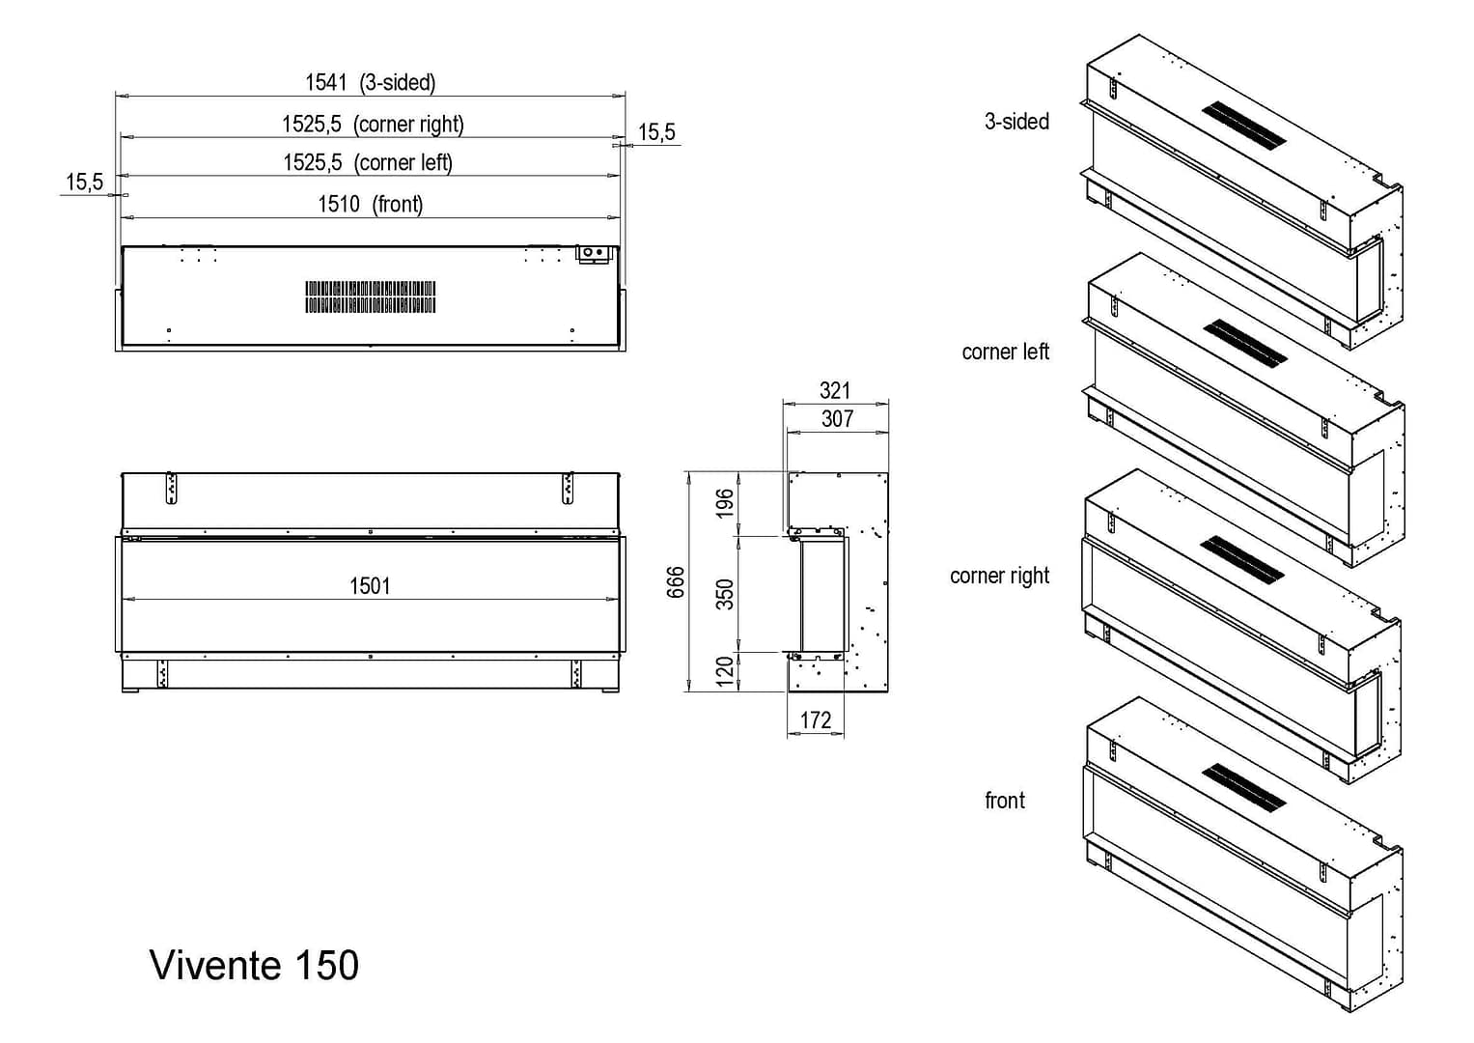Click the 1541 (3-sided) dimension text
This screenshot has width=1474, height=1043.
click(370, 83)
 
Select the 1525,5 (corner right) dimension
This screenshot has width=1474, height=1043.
click(373, 125)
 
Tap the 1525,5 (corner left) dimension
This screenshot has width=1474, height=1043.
click(368, 163)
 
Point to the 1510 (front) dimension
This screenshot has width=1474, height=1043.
click(371, 204)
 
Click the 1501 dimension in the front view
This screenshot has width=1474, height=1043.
click(370, 586)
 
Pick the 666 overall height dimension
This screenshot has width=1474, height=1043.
click(677, 582)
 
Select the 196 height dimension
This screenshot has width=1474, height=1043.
click(725, 503)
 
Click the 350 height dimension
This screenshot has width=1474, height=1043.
click(725, 594)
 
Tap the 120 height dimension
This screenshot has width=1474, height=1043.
click(725, 671)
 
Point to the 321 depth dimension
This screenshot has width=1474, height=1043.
click(835, 390)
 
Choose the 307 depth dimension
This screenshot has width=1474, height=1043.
click(837, 418)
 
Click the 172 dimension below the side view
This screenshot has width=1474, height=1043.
click(816, 720)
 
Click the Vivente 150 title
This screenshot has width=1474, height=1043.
click(255, 965)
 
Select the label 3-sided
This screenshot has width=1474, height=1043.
click(1016, 122)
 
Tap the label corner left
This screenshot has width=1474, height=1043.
click(1005, 352)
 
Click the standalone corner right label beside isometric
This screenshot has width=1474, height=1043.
click(999, 576)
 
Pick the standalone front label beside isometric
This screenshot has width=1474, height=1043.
click(1005, 801)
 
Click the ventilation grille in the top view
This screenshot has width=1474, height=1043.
click(371, 297)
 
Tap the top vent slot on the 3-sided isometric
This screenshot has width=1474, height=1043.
click(1244, 126)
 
